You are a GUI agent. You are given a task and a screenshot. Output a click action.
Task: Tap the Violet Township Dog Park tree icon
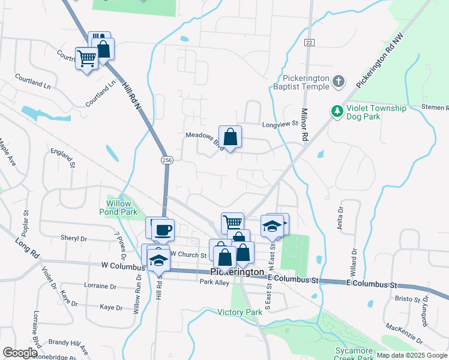pyautogui.click(x=337, y=112)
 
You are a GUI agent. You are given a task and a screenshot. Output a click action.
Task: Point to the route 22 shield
pyautogui.click(x=309, y=42)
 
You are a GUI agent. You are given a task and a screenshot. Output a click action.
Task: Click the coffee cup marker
pyautogui.click(x=163, y=229)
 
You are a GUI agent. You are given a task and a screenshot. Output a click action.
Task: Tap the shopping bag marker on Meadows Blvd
pyautogui.click(x=231, y=138)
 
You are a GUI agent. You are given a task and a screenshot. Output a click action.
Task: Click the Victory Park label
pyautogui.click(x=240, y=312)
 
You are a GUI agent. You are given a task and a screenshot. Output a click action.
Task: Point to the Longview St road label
pyautogui.click(x=280, y=125)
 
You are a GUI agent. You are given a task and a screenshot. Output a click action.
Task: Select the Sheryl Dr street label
pyautogui.click(x=74, y=238)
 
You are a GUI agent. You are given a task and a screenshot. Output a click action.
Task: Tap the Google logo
pyautogui.click(x=19, y=353)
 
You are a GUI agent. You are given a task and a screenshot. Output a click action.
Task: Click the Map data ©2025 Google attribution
pyautogui.click(x=412, y=355)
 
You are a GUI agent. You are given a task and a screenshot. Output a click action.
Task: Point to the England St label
pyautogui.click(x=62, y=158)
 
